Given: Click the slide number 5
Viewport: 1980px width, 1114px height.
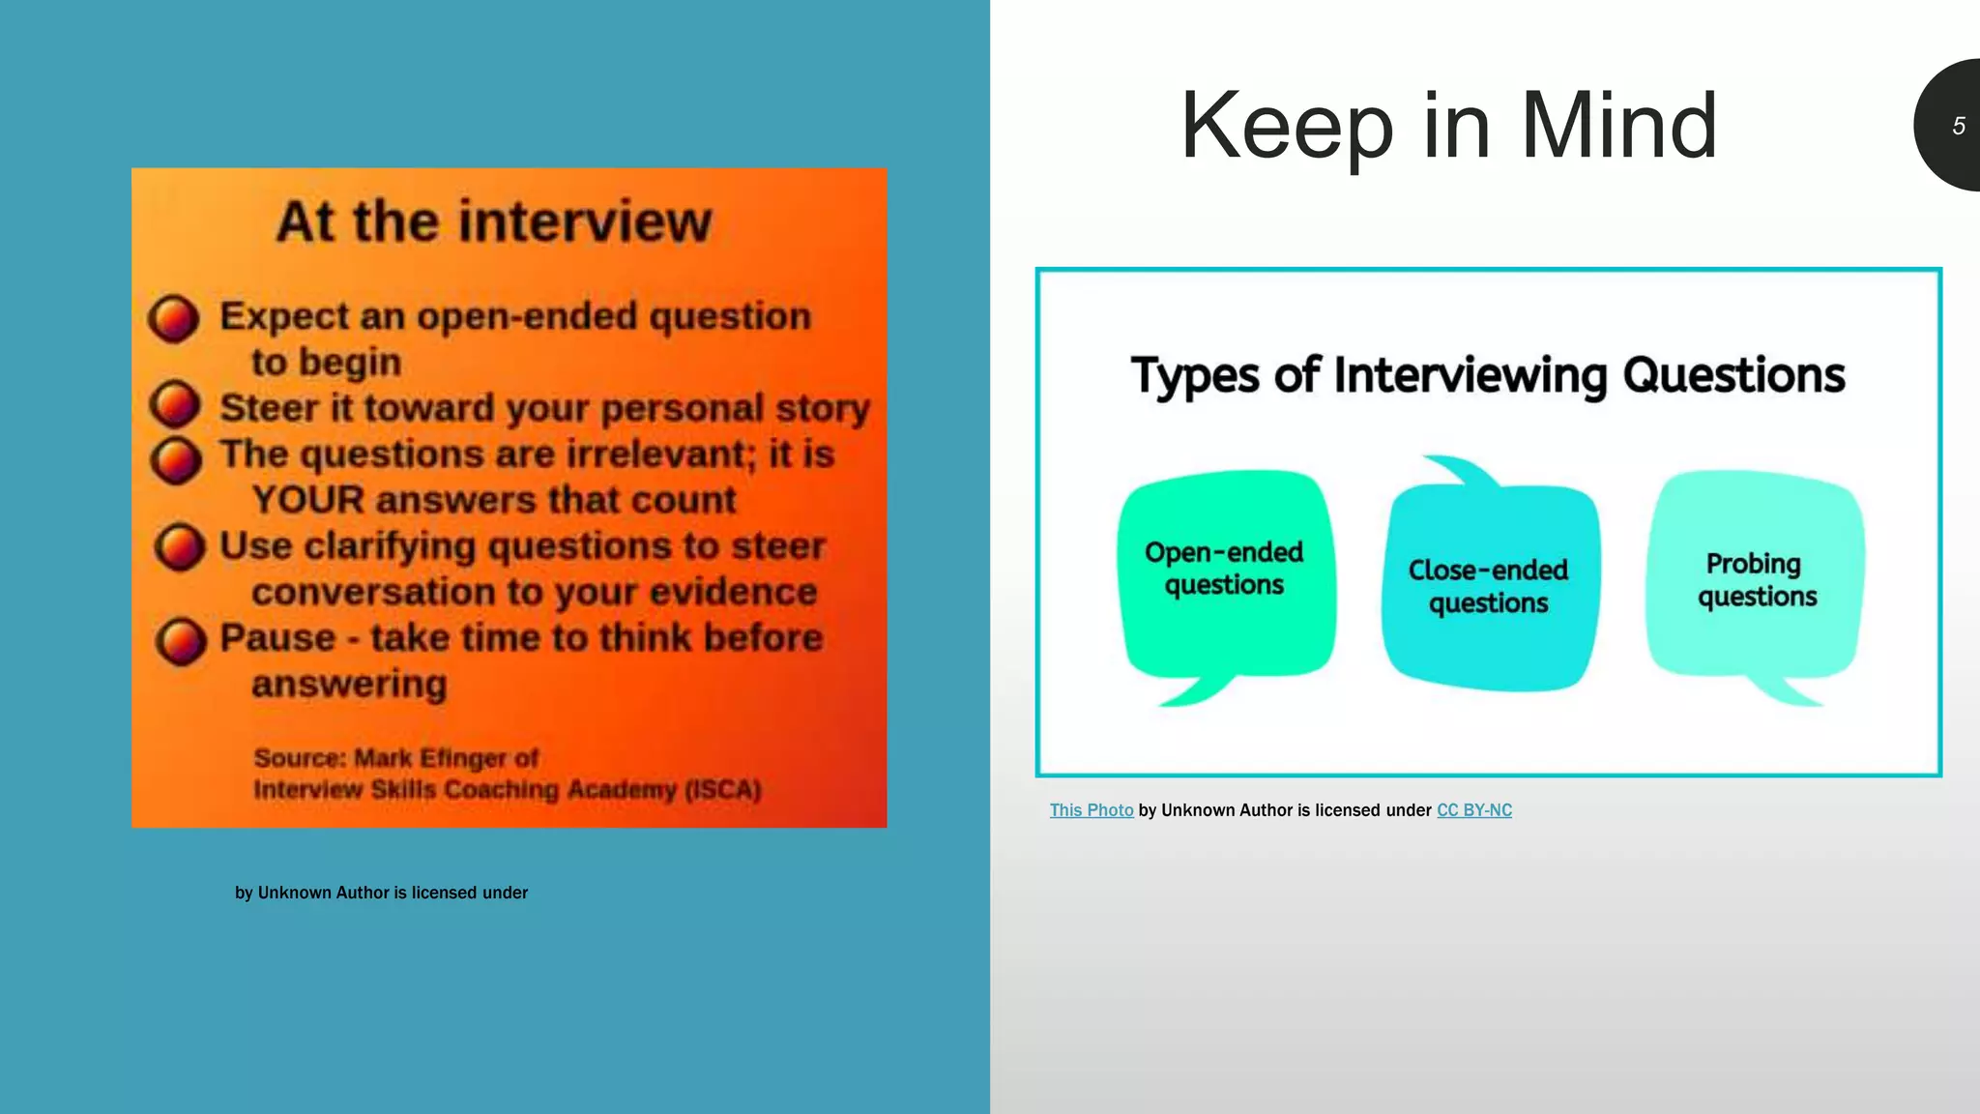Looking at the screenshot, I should [x=1958, y=126].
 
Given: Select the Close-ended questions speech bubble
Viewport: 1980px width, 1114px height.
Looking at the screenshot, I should [x=1489, y=586].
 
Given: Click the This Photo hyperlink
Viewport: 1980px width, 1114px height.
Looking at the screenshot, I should [x=1092, y=810].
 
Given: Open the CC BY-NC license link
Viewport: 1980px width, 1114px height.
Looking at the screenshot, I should [x=1473, y=810].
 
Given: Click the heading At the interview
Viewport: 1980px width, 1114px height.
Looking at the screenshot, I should [x=494, y=221].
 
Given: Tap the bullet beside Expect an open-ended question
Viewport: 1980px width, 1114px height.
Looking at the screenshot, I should [x=174, y=318].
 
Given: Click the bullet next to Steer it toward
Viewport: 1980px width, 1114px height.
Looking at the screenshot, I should [x=175, y=404].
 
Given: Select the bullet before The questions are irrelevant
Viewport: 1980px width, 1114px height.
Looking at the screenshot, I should [x=176, y=459].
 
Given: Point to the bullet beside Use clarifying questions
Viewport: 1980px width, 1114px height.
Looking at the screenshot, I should [x=180, y=547].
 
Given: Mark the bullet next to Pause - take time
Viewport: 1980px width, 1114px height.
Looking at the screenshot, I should [x=181, y=641].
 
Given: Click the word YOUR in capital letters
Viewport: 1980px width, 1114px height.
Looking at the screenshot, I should [x=308, y=500].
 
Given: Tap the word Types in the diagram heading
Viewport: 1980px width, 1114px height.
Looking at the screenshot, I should [x=1195, y=375].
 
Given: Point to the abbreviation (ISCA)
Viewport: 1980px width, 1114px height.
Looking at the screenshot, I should [x=723, y=790].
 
